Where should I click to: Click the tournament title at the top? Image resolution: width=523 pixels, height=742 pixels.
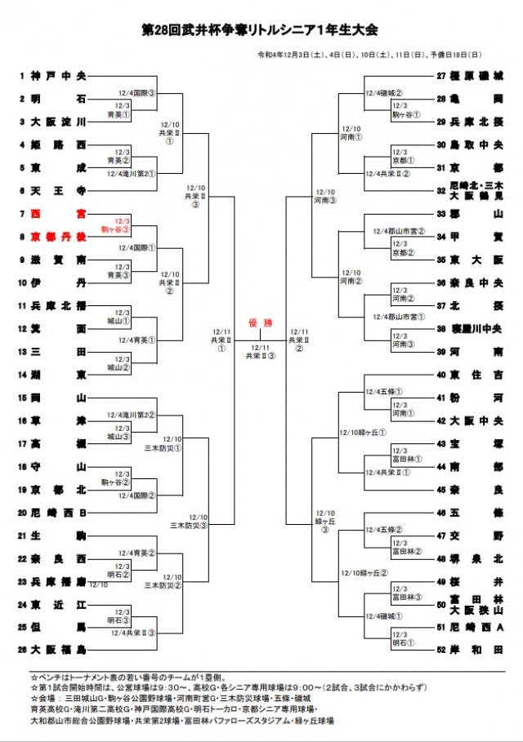tap(261, 29)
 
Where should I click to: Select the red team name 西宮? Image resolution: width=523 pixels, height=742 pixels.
tap(57, 214)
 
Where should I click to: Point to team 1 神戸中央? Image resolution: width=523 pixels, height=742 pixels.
tap(57, 76)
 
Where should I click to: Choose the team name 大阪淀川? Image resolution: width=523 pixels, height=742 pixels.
tap(57, 122)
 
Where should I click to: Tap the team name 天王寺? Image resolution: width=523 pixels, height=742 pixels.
tap(57, 190)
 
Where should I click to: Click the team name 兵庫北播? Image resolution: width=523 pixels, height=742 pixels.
tap(57, 305)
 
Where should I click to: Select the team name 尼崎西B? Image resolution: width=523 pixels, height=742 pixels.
tap(57, 513)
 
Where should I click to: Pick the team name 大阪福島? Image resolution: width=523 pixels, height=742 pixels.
tap(57, 651)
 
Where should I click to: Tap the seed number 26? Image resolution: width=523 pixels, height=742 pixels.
tap(23, 651)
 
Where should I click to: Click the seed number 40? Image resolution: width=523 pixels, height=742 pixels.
tap(441, 375)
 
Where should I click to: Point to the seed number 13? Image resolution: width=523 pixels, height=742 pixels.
tap(23, 352)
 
